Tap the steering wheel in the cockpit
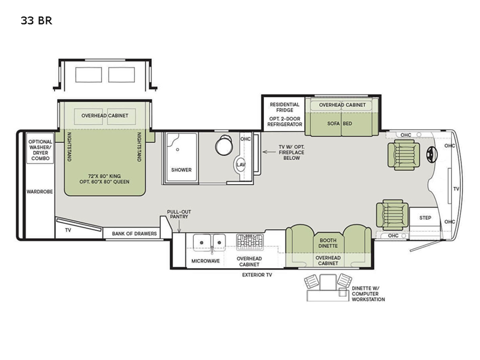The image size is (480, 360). (x=431, y=155)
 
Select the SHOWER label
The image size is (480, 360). (x=181, y=170)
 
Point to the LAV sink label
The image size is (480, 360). (x=241, y=164)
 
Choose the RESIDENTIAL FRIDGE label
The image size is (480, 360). (x=284, y=108)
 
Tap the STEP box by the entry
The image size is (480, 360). (x=425, y=218)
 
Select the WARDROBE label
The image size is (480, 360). (x=39, y=193)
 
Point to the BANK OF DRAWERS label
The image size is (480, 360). (x=134, y=234)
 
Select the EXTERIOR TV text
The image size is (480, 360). (x=257, y=275)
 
